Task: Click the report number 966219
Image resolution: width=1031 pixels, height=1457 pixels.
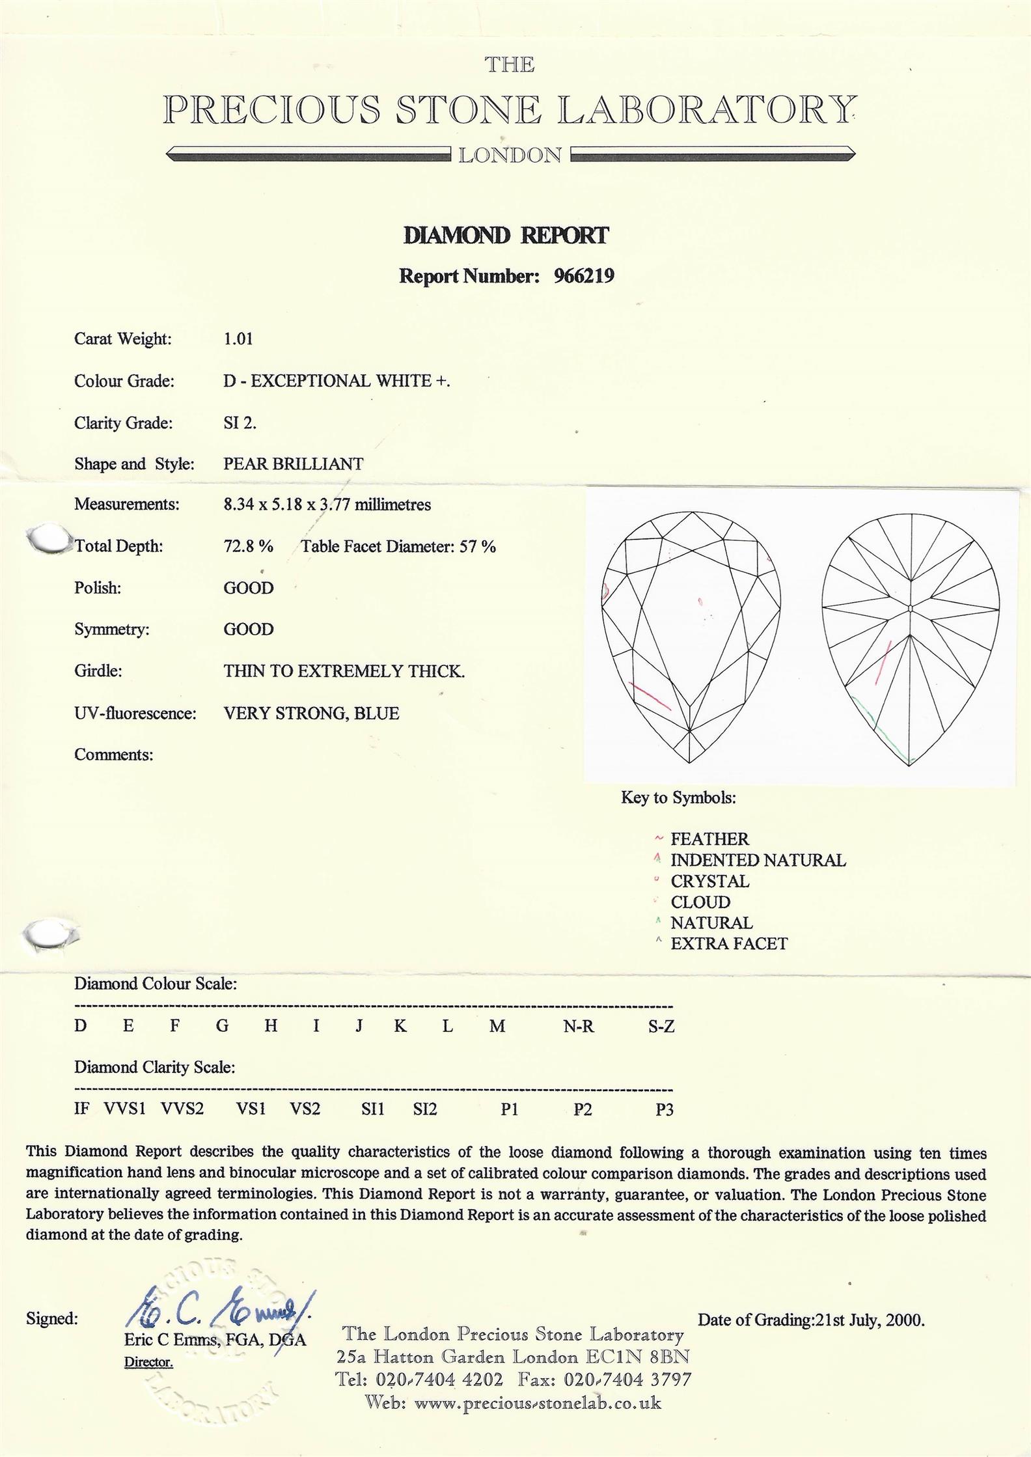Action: click(584, 277)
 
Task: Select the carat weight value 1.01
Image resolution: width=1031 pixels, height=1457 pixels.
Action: click(238, 339)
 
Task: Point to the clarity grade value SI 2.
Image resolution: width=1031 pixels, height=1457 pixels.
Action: click(240, 423)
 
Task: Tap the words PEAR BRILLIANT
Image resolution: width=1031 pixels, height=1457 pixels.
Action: click(294, 464)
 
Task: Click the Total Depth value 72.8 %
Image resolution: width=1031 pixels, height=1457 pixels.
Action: click(249, 546)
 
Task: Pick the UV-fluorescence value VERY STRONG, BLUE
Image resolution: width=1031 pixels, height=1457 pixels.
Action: click(311, 714)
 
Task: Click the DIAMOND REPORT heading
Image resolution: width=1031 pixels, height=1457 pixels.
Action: click(506, 236)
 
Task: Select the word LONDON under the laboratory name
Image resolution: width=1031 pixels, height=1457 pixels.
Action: click(510, 156)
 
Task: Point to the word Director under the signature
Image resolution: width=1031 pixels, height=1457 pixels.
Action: click(148, 1363)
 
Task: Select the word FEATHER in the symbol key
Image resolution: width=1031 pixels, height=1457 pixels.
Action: click(709, 839)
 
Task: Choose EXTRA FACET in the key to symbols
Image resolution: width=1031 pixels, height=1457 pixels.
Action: click(729, 944)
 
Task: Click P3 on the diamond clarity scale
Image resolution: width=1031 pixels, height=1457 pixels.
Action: click(664, 1109)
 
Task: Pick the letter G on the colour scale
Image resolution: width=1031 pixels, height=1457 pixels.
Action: click(223, 1027)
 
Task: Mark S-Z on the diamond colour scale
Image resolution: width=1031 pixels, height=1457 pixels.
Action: click(661, 1027)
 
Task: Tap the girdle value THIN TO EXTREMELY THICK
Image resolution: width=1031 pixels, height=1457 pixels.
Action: click(344, 671)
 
